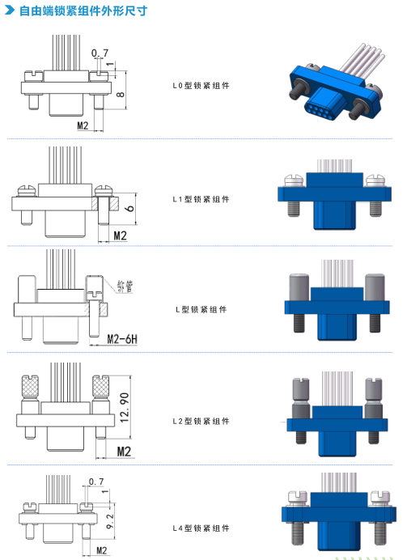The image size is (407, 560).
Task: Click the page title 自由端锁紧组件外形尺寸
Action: tap(83, 11)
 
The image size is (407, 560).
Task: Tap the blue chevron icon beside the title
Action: tap(10, 11)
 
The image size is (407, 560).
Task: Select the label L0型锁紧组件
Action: tap(201, 86)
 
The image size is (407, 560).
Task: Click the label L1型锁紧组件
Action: tap(201, 199)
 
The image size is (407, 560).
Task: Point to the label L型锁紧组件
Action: tap(201, 309)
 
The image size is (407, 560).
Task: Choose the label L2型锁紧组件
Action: tap(201, 422)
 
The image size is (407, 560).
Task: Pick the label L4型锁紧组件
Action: tap(201, 528)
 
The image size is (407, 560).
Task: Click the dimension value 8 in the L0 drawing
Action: tap(121, 95)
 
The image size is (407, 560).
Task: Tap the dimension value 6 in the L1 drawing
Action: tap(130, 207)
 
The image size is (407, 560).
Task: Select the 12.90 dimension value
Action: tap(125, 408)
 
